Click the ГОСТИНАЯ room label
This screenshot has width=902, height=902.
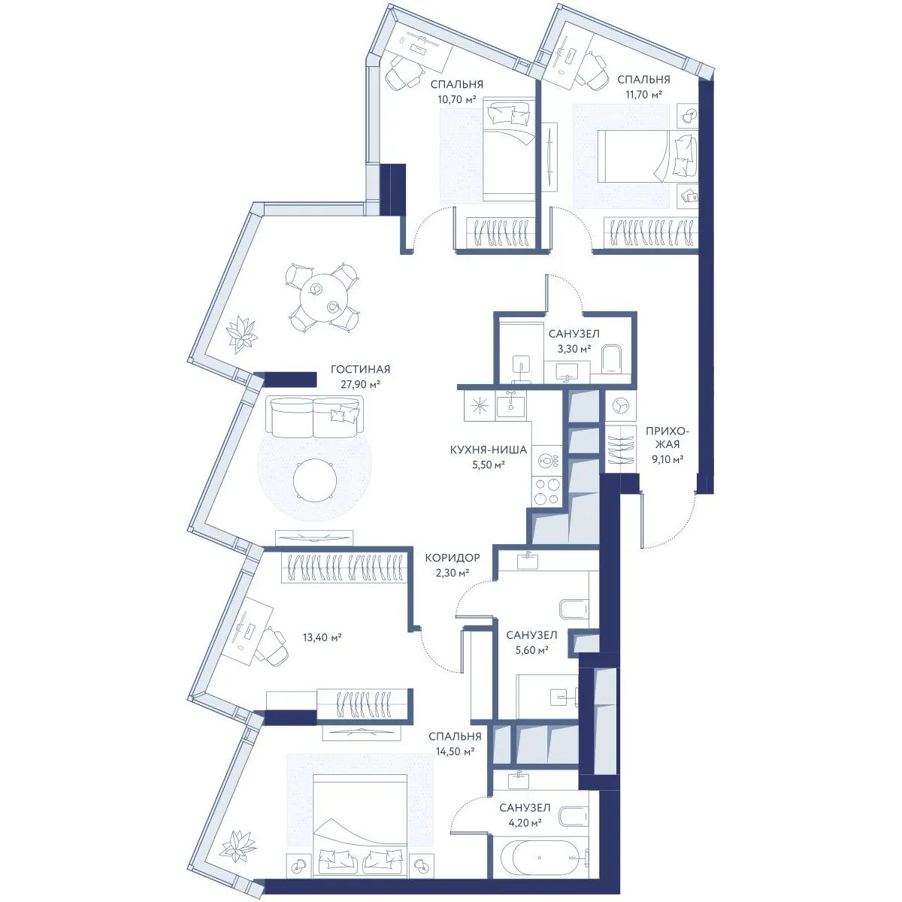[360, 369]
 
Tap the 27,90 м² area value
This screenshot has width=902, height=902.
[360, 384]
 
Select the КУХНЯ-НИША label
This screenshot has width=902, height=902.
[489, 449]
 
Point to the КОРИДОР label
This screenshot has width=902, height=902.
[453, 558]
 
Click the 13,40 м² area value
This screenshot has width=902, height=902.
[322, 637]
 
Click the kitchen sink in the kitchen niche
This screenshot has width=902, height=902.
[511, 404]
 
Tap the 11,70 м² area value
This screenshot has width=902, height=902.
[643, 95]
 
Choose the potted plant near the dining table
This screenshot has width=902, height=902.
[241, 334]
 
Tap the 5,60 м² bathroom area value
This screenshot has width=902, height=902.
[531, 650]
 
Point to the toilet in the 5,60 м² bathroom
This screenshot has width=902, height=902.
[574, 610]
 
